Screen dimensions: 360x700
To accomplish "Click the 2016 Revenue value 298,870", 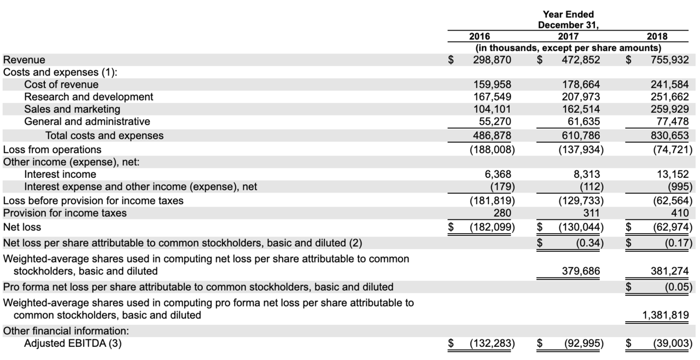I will coord(492,60).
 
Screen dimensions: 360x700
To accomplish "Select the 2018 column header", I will coord(657,37).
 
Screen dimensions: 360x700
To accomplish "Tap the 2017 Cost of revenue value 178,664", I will coord(581,85).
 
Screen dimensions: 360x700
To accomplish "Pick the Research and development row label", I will coord(89,97).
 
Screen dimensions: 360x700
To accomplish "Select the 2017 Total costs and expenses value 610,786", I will coord(581,135).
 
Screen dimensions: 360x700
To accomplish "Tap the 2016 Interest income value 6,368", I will coord(500,174).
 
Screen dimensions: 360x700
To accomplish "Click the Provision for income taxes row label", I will coord(65,213).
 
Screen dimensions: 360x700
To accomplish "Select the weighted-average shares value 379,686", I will coord(581,270).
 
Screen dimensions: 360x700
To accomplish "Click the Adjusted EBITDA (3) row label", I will coord(72,344).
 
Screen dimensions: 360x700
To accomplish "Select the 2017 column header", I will coord(568,37).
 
